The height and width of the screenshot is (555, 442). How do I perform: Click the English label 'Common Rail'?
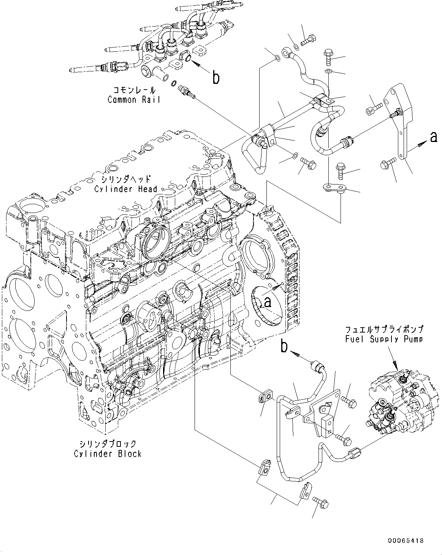(x=134, y=100)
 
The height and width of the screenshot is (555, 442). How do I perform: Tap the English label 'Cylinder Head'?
(x=126, y=189)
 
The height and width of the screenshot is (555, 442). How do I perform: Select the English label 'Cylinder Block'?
(x=108, y=454)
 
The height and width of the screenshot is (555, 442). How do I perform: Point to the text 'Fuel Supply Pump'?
(x=384, y=339)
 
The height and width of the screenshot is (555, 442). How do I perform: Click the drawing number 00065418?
(x=406, y=541)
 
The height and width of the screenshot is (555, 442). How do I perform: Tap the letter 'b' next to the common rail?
(x=216, y=77)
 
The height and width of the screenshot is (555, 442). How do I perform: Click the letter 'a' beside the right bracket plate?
(x=433, y=137)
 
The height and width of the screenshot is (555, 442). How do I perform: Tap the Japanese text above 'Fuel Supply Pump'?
(x=384, y=330)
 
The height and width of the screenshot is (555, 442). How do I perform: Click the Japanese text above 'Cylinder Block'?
(x=108, y=444)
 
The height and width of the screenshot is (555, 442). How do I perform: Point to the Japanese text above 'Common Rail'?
(x=134, y=90)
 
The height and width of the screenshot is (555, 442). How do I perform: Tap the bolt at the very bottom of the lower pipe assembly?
(x=320, y=501)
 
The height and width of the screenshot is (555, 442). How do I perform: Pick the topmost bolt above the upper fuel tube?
(x=307, y=41)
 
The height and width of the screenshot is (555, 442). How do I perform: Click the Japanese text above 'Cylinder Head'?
(x=126, y=179)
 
